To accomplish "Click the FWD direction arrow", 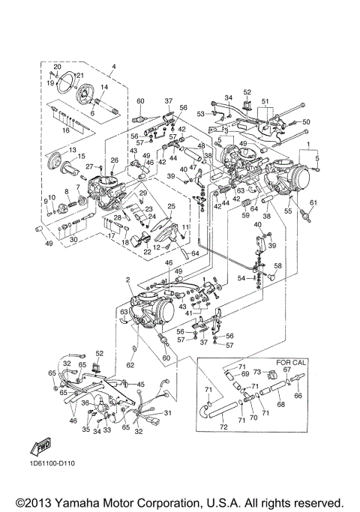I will pos(40,448).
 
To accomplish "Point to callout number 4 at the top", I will pos(113,68).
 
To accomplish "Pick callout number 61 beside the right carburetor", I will pos(313,202).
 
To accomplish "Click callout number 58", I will pos(278,266).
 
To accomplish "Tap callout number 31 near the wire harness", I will pos(167,413).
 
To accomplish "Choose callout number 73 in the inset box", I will pos(255,373).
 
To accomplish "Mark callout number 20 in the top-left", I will pos(57,67).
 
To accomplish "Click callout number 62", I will pos(130,365).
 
